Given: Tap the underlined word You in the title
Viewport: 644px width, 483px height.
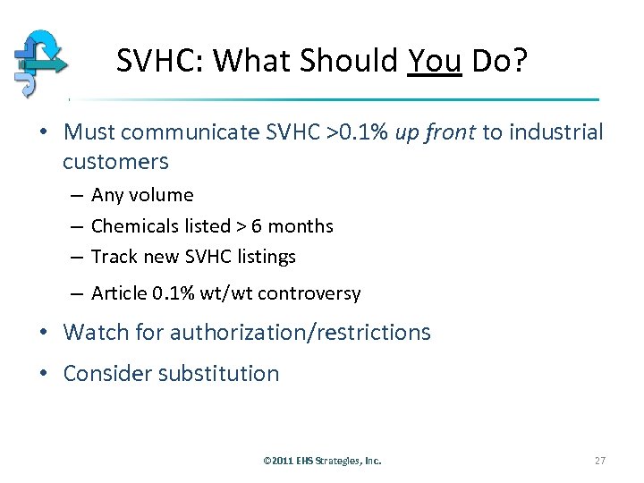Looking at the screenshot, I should pyautogui.click(x=434, y=61).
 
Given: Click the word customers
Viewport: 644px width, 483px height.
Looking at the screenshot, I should pyautogui.click(x=115, y=162).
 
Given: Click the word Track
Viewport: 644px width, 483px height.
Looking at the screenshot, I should pyautogui.click(x=114, y=257).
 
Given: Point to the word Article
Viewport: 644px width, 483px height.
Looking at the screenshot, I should pyautogui.click(x=121, y=293).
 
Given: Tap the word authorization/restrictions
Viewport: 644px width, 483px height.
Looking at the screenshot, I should pyautogui.click(x=301, y=333).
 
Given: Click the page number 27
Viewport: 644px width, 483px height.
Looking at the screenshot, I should pyautogui.click(x=600, y=461).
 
